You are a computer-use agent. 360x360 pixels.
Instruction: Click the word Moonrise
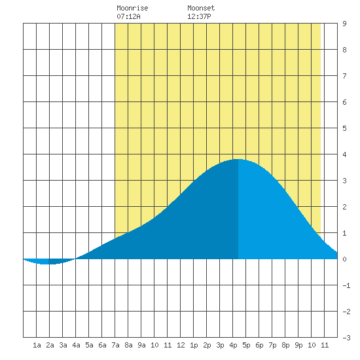tap(132, 8)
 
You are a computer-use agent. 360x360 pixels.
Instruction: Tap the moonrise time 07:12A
tap(128, 16)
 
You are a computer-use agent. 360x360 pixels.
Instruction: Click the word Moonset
tap(201, 8)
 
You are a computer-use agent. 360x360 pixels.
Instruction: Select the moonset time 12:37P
tap(199, 16)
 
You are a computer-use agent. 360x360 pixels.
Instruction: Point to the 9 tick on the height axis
tap(344, 24)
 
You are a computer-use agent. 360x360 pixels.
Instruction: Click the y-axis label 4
tap(344, 154)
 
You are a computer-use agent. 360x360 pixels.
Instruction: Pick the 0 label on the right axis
tap(344, 259)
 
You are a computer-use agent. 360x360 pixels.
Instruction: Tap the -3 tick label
tap(346, 338)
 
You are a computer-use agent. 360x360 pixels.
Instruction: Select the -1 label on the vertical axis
tap(346, 285)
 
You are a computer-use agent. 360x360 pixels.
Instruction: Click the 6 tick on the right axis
tap(344, 102)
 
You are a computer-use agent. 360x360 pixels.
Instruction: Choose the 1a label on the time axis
tap(37, 345)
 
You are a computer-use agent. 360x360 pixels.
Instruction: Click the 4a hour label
tap(76, 345)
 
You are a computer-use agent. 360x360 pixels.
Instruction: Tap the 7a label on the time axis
tap(115, 345)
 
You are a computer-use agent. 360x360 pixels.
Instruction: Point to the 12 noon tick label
tap(181, 345)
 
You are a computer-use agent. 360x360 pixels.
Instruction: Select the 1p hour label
tap(194, 345)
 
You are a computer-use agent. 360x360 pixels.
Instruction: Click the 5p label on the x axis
tap(246, 345)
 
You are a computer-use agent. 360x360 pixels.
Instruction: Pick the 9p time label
tap(298, 345)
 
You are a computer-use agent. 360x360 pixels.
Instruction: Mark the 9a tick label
tap(141, 345)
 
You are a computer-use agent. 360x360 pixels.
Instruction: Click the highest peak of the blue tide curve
tap(238, 159)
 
